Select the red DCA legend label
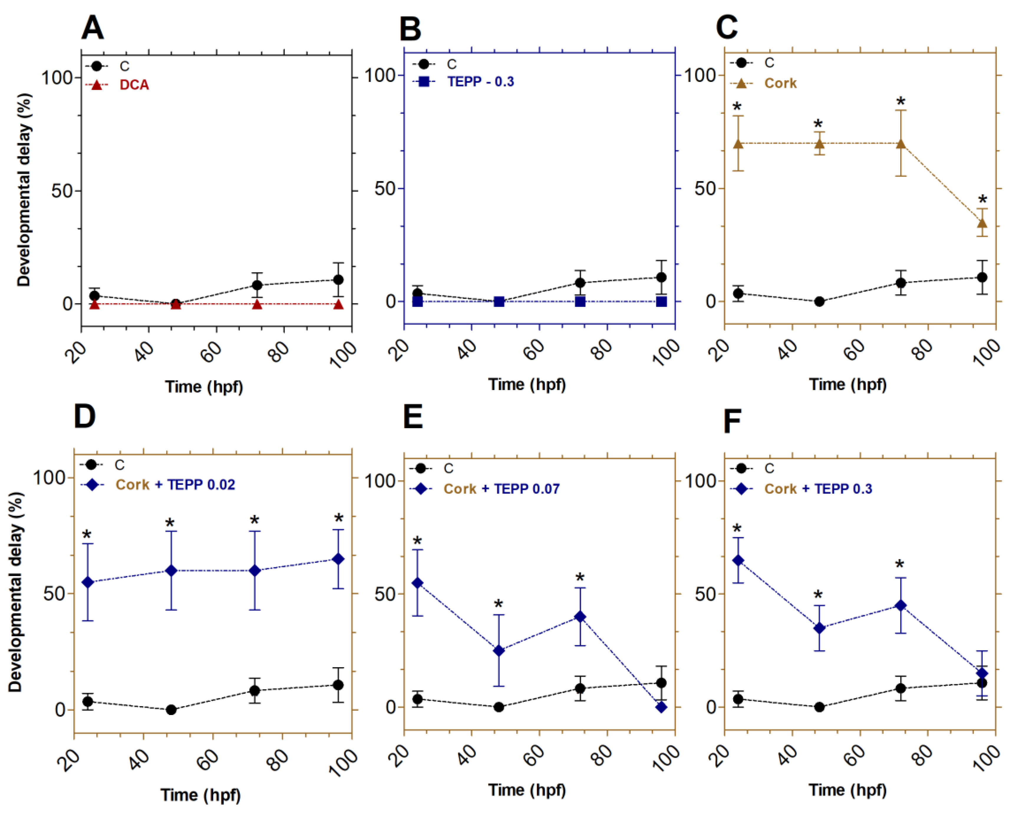[134, 85]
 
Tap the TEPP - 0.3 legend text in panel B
[481, 82]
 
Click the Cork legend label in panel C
[780, 83]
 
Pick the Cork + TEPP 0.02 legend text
[175, 485]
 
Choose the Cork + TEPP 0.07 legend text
[502, 489]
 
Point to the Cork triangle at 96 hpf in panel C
[982, 223]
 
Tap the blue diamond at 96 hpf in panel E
[661, 707]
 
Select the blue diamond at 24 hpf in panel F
[738, 560]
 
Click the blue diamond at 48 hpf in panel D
[171, 571]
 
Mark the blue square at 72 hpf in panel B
[580, 302]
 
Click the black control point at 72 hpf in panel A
[257, 285]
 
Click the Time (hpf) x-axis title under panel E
[527, 790]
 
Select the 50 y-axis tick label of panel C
[705, 189]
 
